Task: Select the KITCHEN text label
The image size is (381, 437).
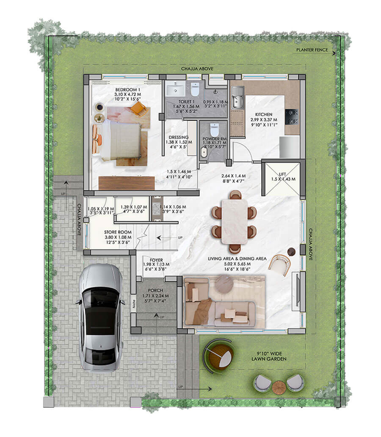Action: tap(263, 115)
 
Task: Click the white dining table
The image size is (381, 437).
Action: tap(234, 221)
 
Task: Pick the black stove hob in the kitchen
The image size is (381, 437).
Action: tap(292, 116)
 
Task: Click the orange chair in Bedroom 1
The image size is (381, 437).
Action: tap(138, 109)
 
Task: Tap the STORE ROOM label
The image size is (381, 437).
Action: tap(118, 232)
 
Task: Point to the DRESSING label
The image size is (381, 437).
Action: tap(178, 137)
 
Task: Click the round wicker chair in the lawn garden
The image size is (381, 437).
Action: tap(218, 355)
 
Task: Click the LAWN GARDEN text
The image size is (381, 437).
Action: tap(270, 359)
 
